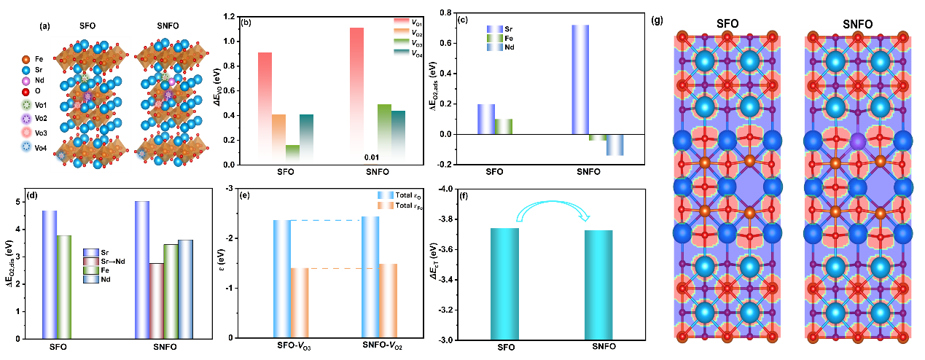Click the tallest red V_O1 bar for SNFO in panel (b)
356,95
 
